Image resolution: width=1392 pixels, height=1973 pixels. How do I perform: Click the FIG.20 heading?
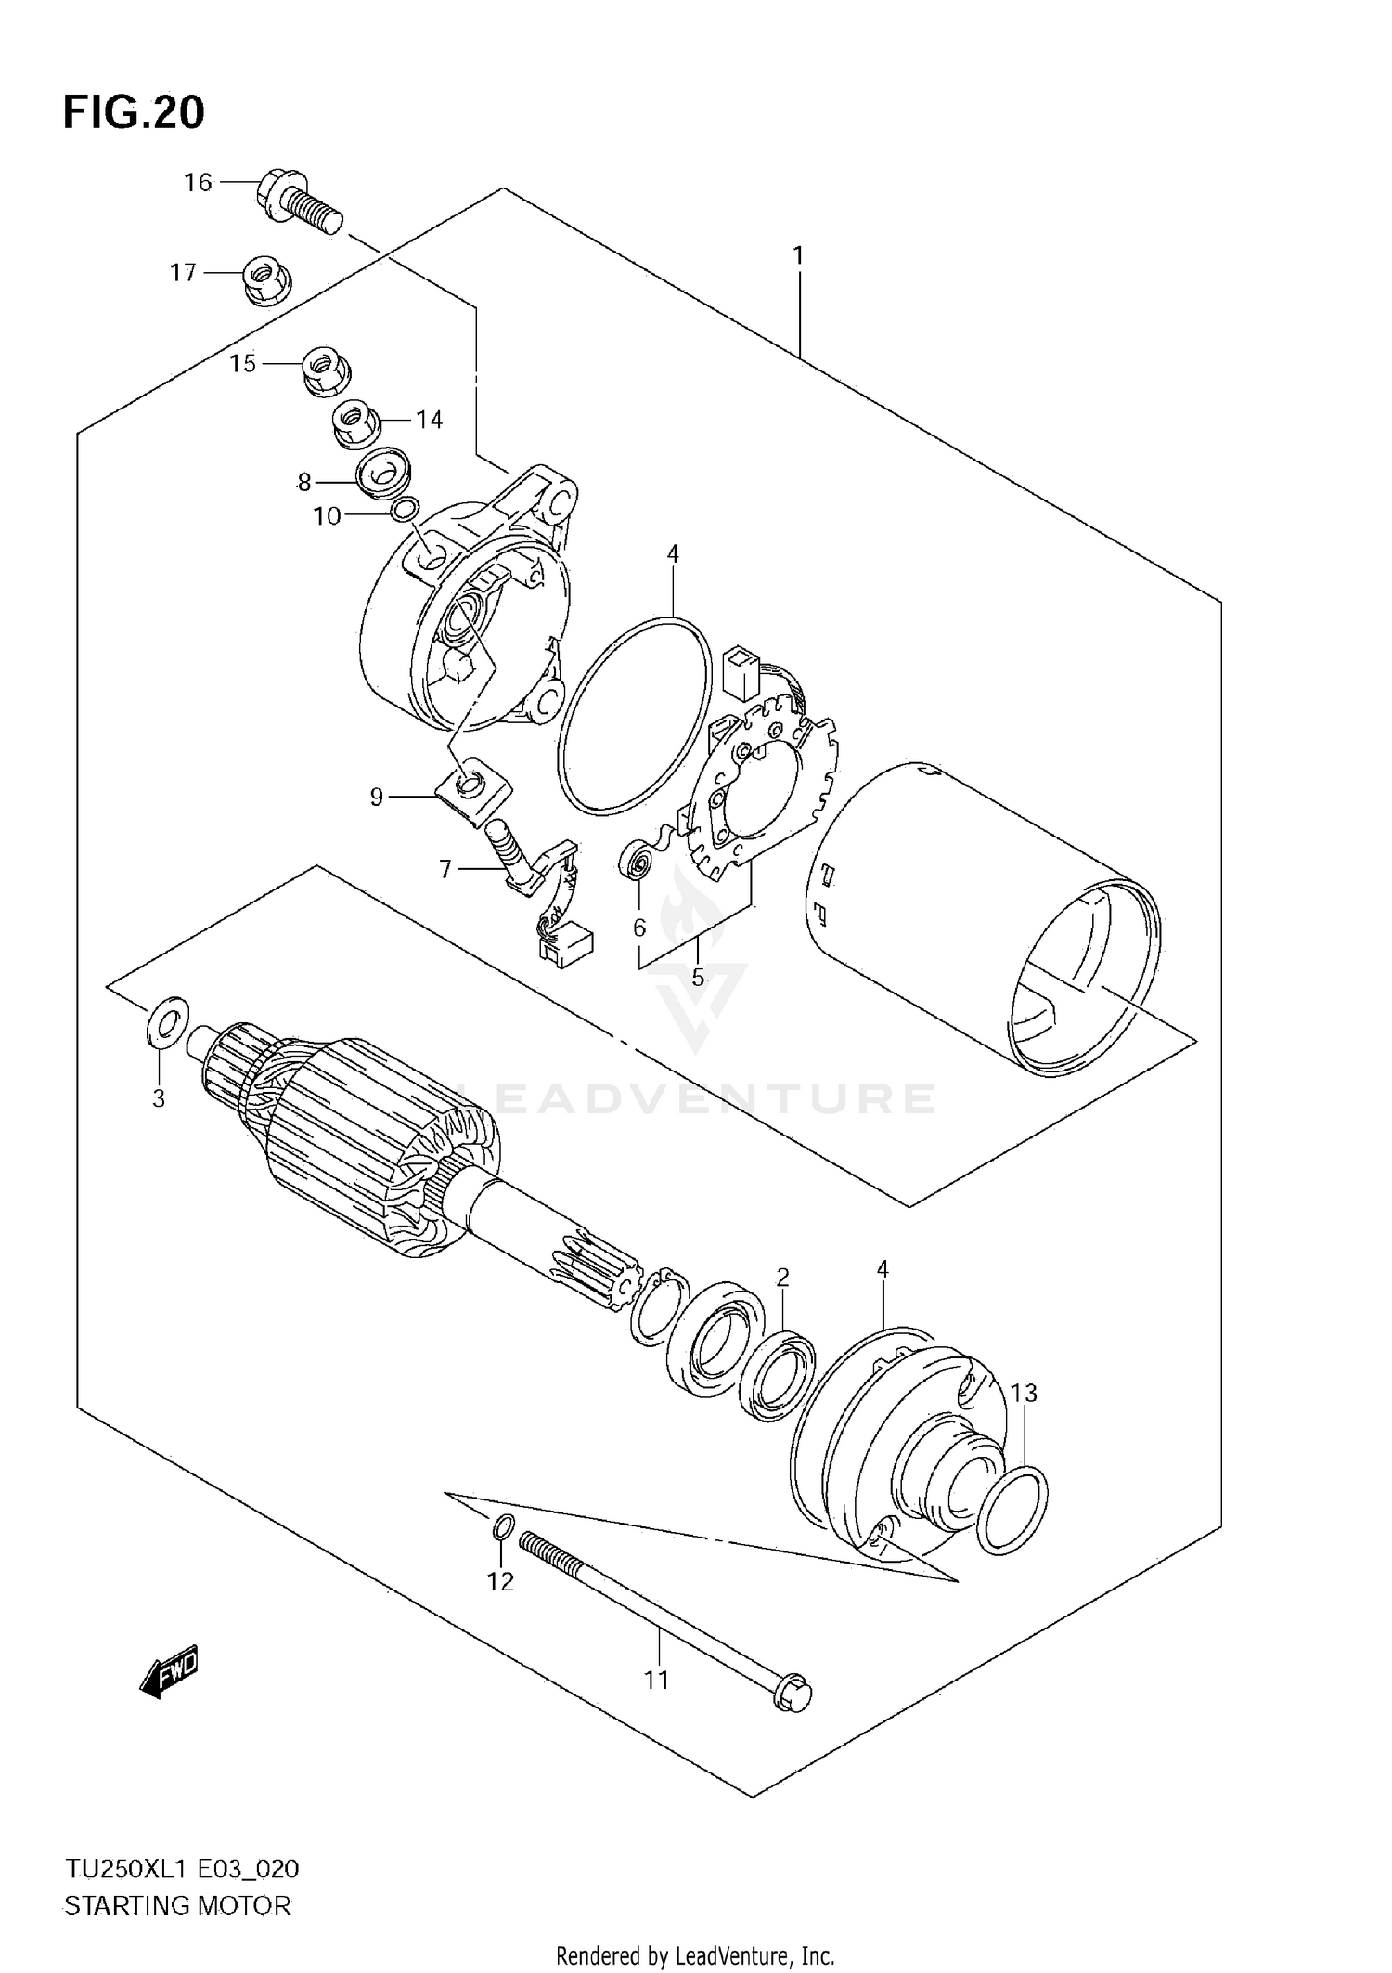point(134,112)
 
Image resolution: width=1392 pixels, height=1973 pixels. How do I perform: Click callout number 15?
point(242,364)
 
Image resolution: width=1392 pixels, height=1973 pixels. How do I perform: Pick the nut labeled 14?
point(354,424)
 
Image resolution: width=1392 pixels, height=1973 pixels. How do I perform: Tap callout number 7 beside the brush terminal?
point(445,869)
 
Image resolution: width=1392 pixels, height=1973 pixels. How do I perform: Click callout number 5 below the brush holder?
point(698,977)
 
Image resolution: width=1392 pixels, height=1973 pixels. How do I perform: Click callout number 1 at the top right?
point(797,255)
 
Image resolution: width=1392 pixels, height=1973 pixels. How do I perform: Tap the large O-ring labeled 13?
point(1012,1510)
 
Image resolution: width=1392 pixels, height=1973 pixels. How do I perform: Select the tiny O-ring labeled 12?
point(501,1526)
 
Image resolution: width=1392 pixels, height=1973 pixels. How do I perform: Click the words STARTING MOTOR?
point(176,1906)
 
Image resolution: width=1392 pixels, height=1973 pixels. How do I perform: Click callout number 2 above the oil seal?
point(782,1277)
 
